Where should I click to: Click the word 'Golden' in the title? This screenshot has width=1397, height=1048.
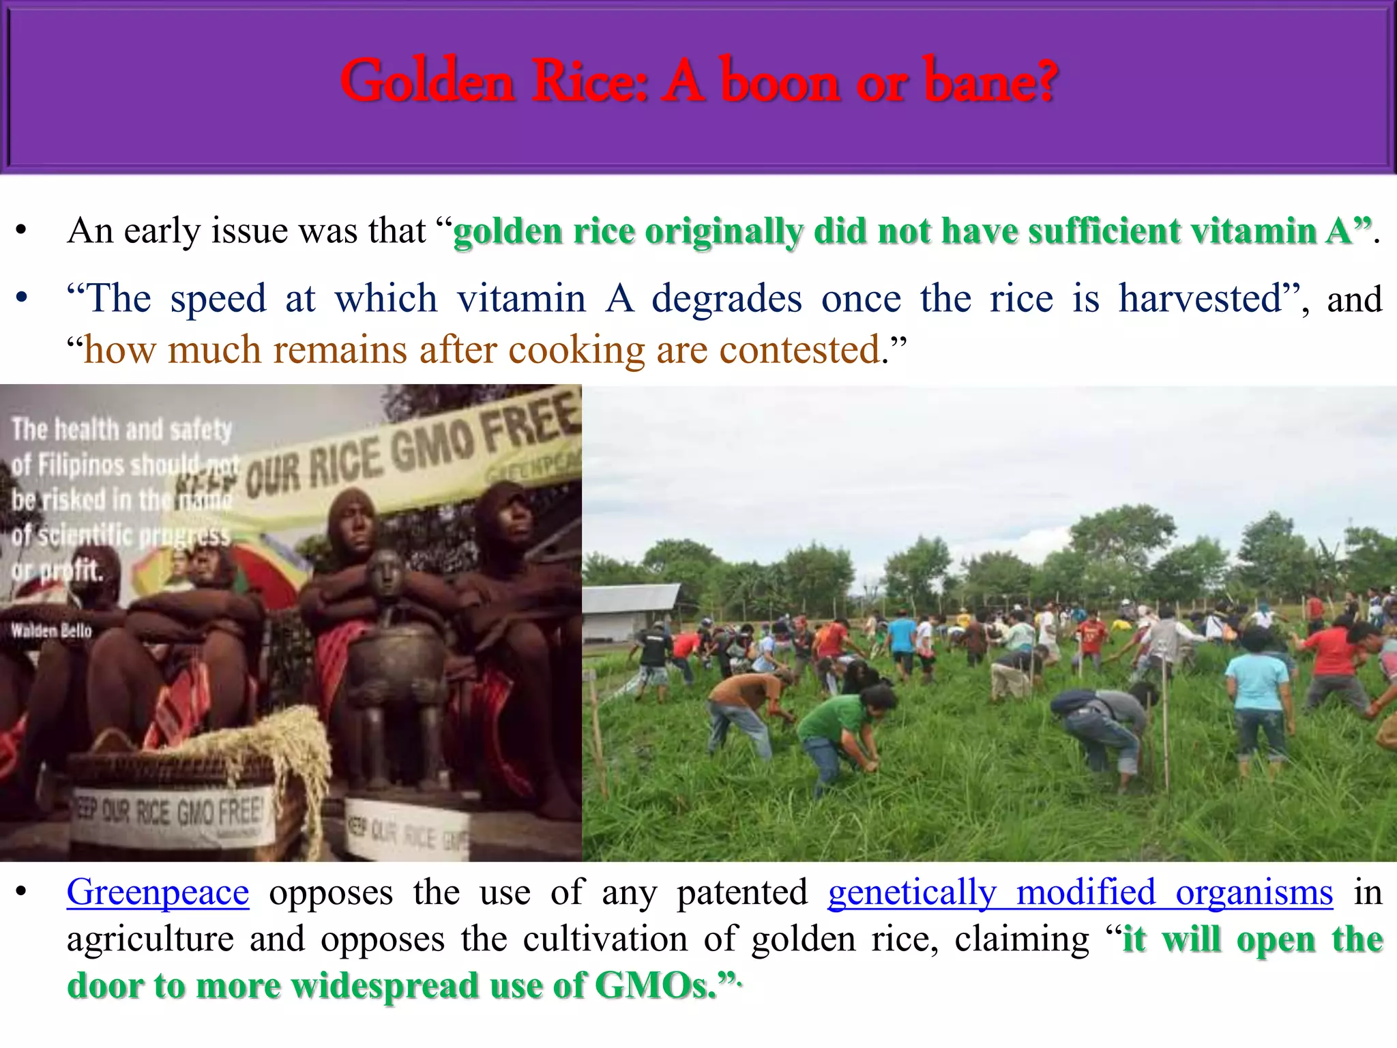(426, 82)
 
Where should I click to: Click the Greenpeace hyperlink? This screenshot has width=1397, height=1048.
(158, 892)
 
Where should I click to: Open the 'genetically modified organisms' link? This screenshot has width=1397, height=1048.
(1080, 892)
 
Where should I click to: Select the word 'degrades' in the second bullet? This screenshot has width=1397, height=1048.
(726, 299)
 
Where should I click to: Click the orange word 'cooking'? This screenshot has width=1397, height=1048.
(576, 350)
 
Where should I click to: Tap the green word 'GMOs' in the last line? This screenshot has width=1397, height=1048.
(655, 985)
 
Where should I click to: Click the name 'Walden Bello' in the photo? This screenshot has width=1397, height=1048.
(51, 630)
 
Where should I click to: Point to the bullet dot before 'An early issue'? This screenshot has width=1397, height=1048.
(22, 231)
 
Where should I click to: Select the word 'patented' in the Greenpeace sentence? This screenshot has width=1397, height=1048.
(742, 892)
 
